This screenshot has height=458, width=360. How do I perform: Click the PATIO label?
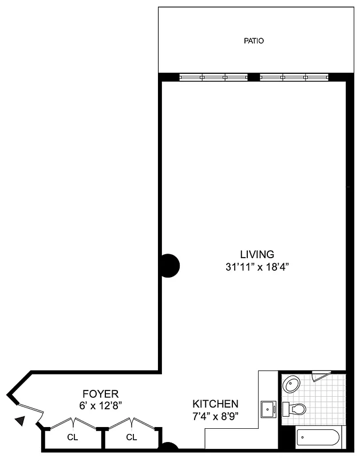pos(254,41)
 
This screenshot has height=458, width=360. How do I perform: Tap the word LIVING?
pos(257,255)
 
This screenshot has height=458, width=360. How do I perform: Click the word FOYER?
pos(100,394)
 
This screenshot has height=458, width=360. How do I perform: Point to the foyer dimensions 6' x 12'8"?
pos(101,405)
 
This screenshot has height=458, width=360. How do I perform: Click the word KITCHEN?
pos(215,404)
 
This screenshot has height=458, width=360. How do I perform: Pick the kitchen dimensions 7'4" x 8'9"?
pos(215,416)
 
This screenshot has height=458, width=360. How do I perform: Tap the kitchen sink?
pos(268,409)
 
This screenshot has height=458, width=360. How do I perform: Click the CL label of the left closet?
pos(73,438)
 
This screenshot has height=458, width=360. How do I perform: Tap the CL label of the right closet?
pos(132,438)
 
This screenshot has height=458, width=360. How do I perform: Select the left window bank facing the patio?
pos(213,77)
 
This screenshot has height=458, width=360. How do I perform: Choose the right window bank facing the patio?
pos(294,77)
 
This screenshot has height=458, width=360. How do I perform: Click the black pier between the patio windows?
pos(254,77)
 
